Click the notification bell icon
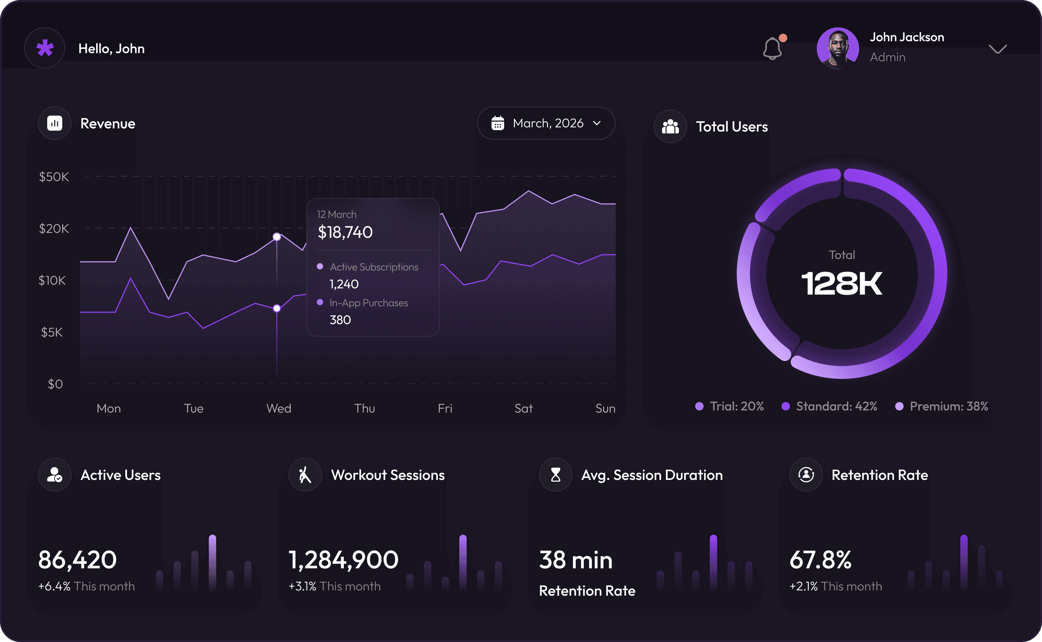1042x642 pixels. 772,48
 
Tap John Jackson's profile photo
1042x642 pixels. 837,48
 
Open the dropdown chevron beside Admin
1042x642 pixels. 997,49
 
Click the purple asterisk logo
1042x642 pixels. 45,48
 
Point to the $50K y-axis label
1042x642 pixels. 54,176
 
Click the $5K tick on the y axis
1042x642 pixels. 52,332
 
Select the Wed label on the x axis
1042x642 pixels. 279,408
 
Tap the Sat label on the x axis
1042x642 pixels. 523,408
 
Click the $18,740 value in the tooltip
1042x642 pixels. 345,232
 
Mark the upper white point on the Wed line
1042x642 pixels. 277,236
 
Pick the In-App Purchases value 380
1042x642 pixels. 340,320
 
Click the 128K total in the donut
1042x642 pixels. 842,283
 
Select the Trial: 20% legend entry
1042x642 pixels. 729,406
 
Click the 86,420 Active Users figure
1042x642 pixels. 77,560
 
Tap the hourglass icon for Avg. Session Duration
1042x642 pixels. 555,475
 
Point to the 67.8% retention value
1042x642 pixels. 820,560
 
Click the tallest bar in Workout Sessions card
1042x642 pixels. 463,563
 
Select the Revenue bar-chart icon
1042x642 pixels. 55,123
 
